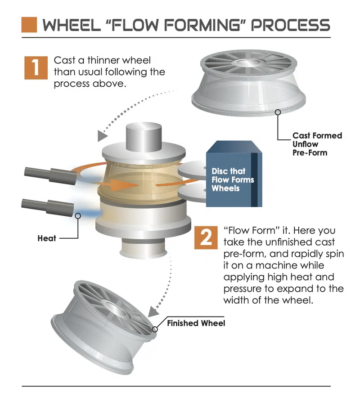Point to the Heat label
tap(46, 238)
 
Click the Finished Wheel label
tap(196, 323)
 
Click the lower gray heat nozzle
tap(48, 206)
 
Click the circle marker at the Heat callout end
tap(77, 216)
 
